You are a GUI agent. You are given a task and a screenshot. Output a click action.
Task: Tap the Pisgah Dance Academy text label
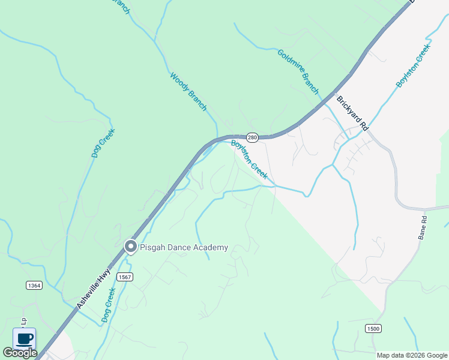[x=184, y=247]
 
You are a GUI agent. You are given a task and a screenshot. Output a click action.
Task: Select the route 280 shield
[x=253, y=137]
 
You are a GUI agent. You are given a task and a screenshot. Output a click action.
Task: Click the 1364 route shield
[x=34, y=286]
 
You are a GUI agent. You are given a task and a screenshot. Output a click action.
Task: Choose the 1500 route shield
[x=373, y=328]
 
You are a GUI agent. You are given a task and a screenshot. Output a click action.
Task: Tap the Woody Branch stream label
[x=188, y=92]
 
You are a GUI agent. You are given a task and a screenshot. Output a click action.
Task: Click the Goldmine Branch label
[x=298, y=71]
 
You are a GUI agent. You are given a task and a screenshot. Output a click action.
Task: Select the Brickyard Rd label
[x=352, y=113]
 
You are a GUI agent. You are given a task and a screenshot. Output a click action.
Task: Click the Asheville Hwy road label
[x=95, y=289]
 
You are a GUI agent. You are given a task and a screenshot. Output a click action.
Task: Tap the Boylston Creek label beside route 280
[x=249, y=159]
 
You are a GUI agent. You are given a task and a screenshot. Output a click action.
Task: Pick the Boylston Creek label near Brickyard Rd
[x=413, y=66]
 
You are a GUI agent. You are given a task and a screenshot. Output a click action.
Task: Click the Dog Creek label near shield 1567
[x=108, y=305]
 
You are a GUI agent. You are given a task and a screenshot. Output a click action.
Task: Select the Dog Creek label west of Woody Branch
[x=103, y=143]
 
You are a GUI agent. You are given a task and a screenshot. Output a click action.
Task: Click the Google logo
[x=20, y=353]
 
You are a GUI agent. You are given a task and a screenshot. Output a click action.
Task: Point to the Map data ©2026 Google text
[x=411, y=355]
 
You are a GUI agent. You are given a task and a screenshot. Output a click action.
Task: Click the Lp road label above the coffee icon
[x=24, y=321]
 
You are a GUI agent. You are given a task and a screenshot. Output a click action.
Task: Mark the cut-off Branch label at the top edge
[x=121, y=6]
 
